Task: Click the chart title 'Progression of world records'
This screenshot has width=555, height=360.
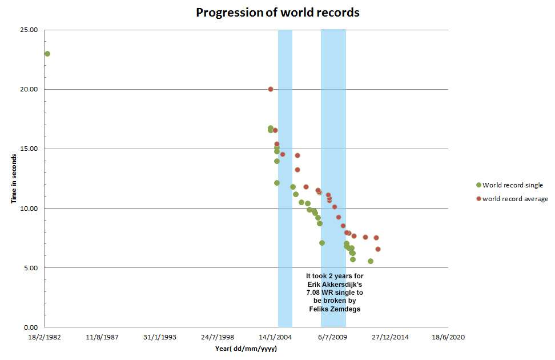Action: (x=277, y=13)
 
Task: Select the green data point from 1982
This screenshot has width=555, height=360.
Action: (x=47, y=54)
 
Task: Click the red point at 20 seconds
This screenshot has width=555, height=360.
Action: (x=271, y=89)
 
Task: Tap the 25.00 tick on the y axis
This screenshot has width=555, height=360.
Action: (x=30, y=30)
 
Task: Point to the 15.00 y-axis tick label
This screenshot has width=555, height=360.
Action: (x=30, y=149)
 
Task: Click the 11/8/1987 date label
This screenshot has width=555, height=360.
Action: (x=103, y=338)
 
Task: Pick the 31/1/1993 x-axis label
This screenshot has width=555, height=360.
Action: (x=160, y=338)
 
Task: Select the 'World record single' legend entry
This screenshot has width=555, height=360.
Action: (x=512, y=185)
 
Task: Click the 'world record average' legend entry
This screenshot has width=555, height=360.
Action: (x=514, y=199)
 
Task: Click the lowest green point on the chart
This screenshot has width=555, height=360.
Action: (x=371, y=261)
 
